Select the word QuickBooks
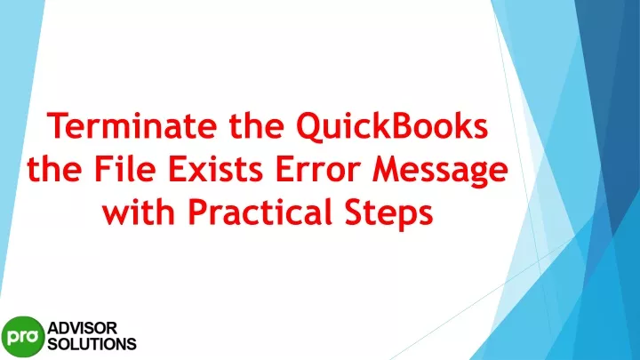pyautogui.click(x=392, y=126)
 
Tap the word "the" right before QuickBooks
pyautogui.click(x=256, y=125)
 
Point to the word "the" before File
pyautogui.click(x=54, y=169)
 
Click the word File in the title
pyautogui.click(x=125, y=169)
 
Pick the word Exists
pyautogui.click(x=215, y=169)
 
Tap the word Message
pyautogui.click(x=440, y=172)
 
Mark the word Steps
pyautogui.click(x=389, y=214)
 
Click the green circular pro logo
pyautogui.click(x=23, y=337)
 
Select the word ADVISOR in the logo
pyautogui.click(x=83, y=328)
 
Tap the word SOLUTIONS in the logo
pyautogui.click(x=92, y=344)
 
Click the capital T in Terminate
pyautogui.click(x=58, y=125)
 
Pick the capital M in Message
pyautogui.click(x=388, y=169)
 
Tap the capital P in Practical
pyautogui.click(x=197, y=212)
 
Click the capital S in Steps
pyautogui.click(x=355, y=212)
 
